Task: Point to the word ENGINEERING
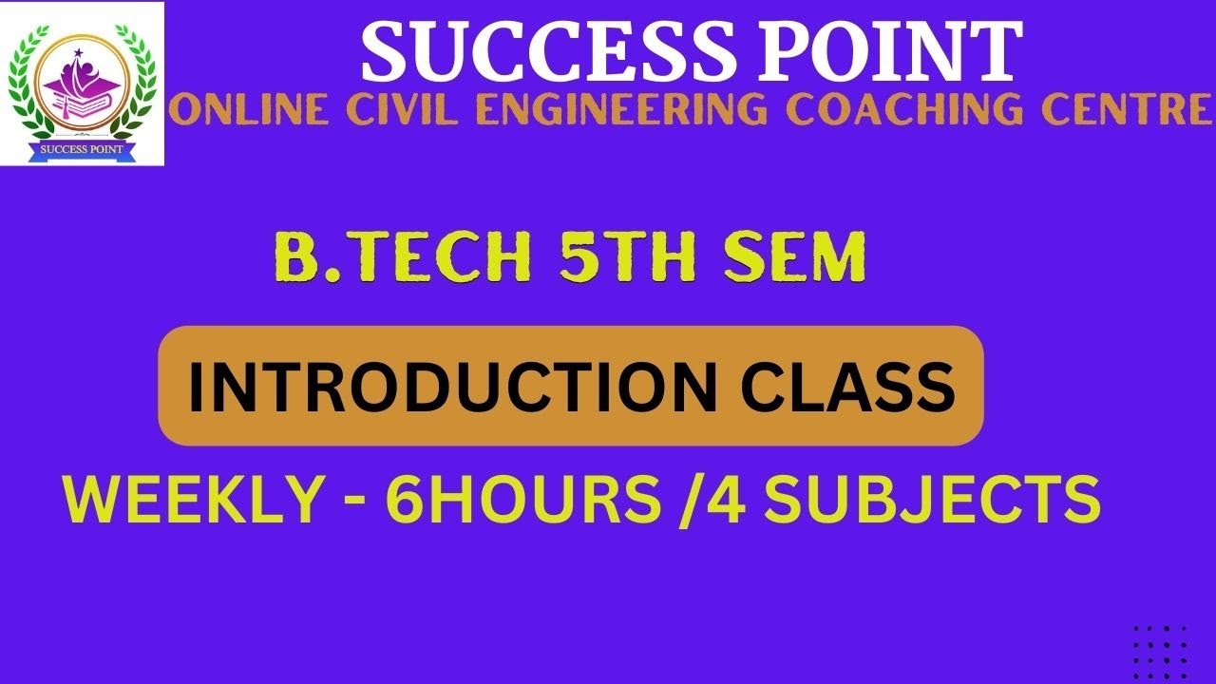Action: tap(613, 111)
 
